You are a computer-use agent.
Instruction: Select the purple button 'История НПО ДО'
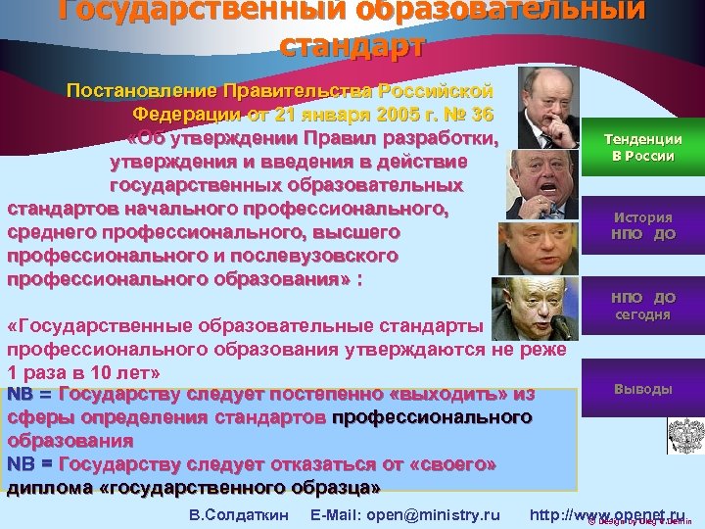pyautogui.click(x=642, y=225)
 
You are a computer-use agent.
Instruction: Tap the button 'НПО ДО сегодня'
pyautogui.click(x=642, y=306)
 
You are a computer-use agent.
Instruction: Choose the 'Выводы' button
pyautogui.click(x=642, y=389)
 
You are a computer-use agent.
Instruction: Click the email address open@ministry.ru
pyautogui.click(x=404, y=513)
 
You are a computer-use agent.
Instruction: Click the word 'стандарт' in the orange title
pyautogui.click(x=352, y=45)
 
